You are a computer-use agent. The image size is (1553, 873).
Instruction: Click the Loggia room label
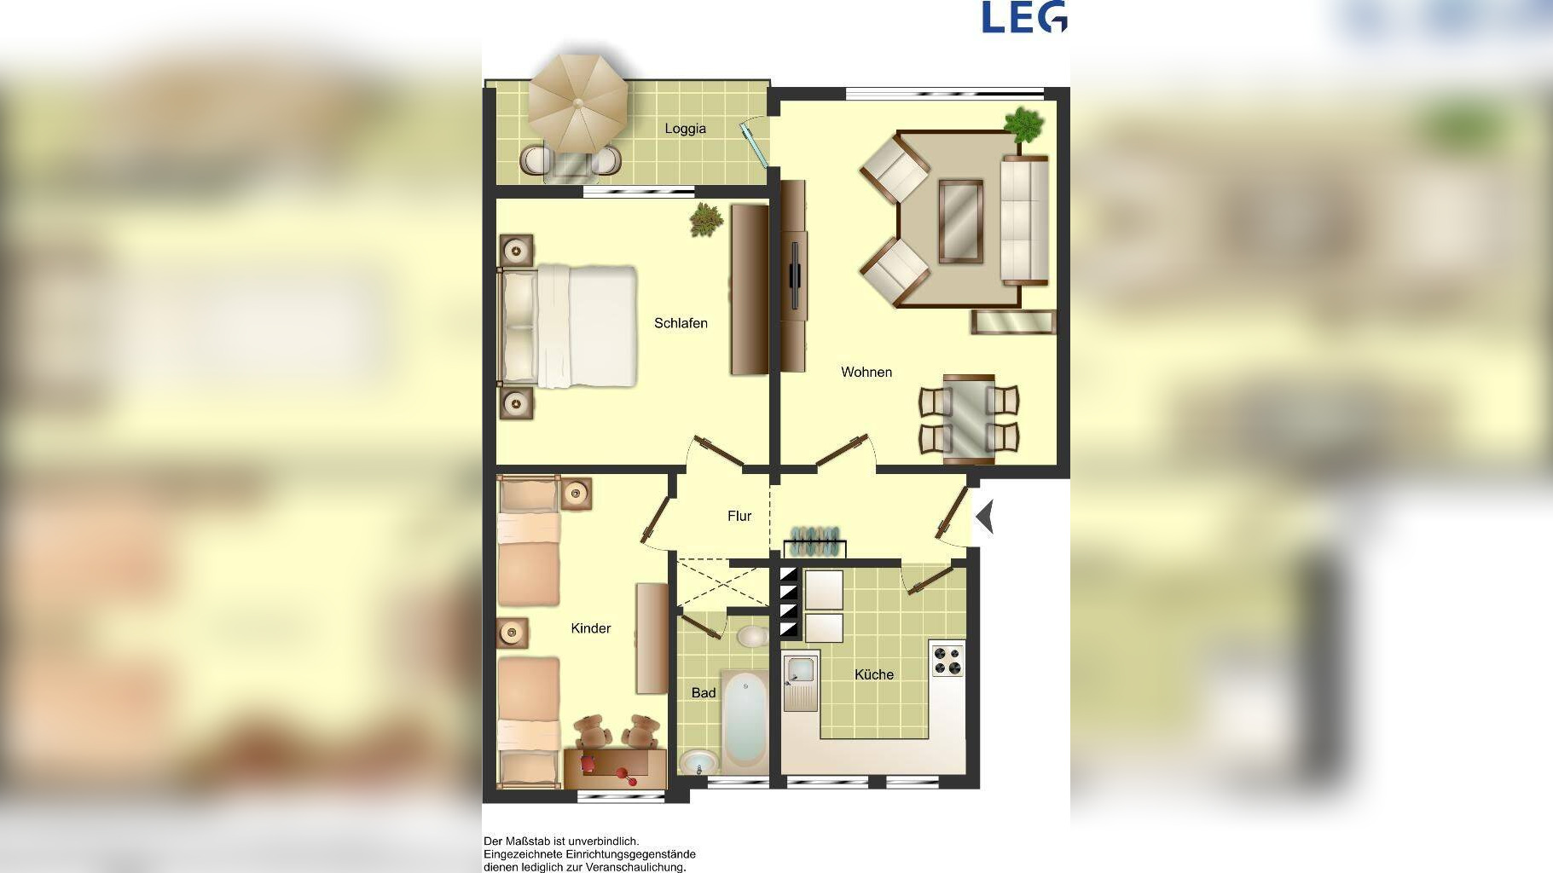685,129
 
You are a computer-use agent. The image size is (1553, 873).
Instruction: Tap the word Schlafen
681,323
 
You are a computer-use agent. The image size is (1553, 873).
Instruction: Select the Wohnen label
866,372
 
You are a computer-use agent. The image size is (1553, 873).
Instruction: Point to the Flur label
739,516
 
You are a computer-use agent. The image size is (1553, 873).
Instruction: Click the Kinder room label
591,628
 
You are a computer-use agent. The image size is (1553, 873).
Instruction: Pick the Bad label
704,693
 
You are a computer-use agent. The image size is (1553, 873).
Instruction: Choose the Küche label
874,674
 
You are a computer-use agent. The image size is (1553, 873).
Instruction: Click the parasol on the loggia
578,104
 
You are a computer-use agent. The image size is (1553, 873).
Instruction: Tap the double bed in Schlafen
568,326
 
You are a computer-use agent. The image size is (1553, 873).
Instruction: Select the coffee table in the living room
961,221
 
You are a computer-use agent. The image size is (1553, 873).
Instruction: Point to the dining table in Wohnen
969,419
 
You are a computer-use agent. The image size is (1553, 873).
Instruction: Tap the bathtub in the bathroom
745,718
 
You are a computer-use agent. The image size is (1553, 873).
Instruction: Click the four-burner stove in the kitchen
947,660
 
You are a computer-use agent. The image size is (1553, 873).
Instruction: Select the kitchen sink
801,680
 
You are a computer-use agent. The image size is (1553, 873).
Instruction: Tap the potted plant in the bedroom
706,219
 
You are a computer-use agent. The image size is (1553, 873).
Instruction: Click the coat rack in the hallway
814,542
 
